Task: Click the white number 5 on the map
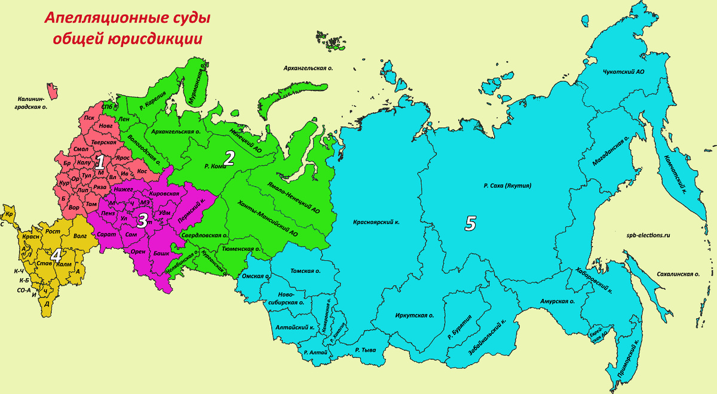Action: click(x=470, y=223)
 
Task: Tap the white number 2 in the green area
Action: click(x=228, y=158)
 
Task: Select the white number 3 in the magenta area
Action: click(x=142, y=220)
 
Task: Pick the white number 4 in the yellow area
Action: click(x=56, y=255)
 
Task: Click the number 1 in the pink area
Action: click(x=101, y=162)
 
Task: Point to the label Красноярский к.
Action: click(x=376, y=221)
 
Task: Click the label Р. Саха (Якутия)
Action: click(x=507, y=186)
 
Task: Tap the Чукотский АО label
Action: click(x=623, y=72)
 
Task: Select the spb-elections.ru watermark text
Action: click(x=649, y=235)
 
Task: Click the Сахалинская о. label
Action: click(x=677, y=274)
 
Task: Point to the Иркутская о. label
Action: click(x=415, y=315)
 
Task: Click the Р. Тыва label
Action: click(x=365, y=350)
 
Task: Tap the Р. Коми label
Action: click(x=215, y=166)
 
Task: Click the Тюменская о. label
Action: click(x=240, y=249)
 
